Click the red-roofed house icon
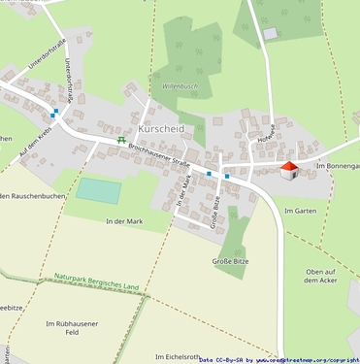tap(288, 171)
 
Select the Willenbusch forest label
tap(185, 85)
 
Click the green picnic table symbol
tap(121, 141)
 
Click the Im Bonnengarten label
tap(337, 167)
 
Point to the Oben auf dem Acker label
tap(320, 276)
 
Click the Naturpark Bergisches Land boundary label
tap(97, 282)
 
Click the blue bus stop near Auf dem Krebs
tap(54, 113)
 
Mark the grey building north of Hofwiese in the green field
tap(270, 33)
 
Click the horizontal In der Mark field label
tap(123, 221)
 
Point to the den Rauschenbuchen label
tap(31, 198)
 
